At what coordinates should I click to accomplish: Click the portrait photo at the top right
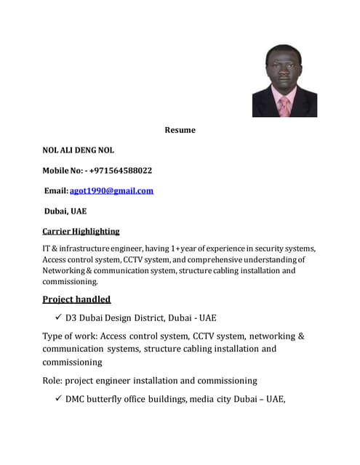click(x=284, y=81)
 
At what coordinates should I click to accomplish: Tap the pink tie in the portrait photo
click(x=284, y=107)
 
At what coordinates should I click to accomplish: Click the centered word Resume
click(x=180, y=130)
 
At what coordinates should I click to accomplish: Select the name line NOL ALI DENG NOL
click(x=78, y=150)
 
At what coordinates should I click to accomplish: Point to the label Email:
click(x=57, y=191)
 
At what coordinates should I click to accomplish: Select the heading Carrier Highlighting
click(x=81, y=231)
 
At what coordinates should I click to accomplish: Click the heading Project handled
click(x=76, y=299)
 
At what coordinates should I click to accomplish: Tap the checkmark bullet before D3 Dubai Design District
click(x=57, y=318)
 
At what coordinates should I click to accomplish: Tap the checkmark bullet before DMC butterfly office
click(x=57, y=399)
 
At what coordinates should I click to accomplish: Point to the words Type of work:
click(x=69, y=336)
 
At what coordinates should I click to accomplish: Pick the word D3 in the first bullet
click(x=71, y=318)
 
